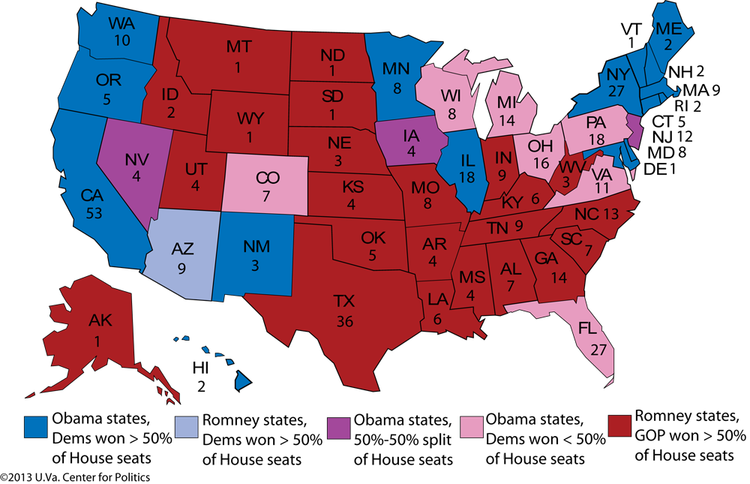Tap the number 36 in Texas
pos(344,322)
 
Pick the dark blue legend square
pos(36,426)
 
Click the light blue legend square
pos(187,426)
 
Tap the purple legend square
pos(338,426)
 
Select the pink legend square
pos(472,426)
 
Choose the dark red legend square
pos(619,425)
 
